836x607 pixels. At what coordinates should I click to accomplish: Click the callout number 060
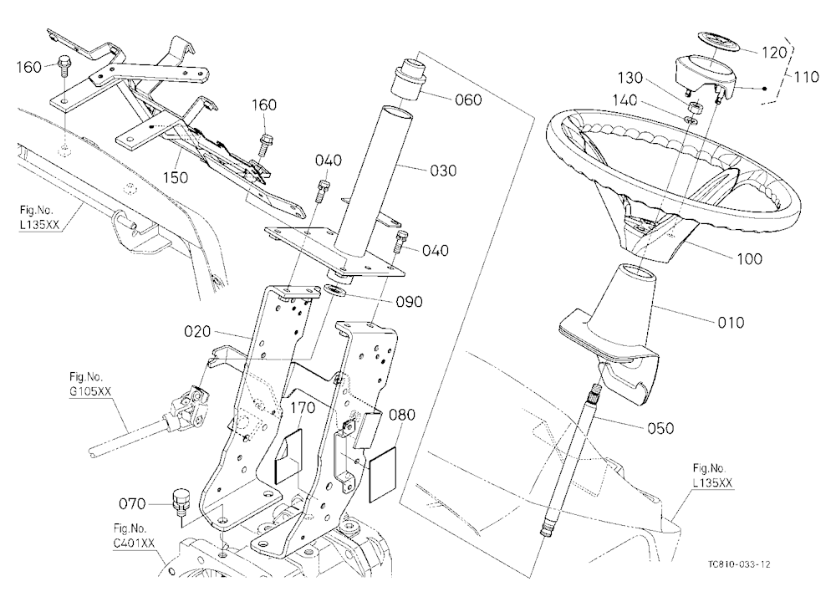(468, 99)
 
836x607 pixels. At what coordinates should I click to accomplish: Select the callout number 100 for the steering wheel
(749, 258)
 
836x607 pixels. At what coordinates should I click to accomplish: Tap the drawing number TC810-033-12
(739, 564)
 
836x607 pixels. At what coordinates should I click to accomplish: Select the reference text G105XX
(90, 391)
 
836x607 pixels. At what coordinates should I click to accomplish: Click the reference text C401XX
(134, 543)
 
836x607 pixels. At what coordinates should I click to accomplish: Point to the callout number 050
(660, 428)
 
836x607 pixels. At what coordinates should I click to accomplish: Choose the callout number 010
(731, 323)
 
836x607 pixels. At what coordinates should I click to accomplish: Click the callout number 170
(303, 408)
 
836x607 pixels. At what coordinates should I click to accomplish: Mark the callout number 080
(402, 415)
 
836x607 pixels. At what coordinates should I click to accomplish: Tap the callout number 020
(197, 332)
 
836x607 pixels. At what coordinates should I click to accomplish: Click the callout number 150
(176, 177)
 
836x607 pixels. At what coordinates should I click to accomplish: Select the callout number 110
(806, 77)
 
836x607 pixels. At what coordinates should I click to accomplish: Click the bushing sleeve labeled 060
(410, 79)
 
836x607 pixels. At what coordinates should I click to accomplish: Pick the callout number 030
(443, 171)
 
